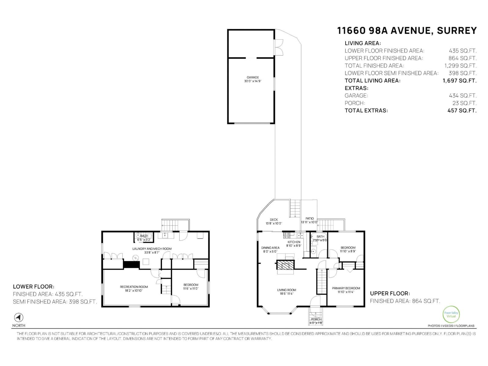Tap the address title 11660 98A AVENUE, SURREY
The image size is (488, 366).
[407, 31]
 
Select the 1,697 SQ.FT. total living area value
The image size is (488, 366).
[459, 81]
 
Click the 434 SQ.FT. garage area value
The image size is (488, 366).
[462, 95]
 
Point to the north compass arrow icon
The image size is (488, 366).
[19, 318]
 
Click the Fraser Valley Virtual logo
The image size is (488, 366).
[451, 314]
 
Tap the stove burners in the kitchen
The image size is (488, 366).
[287, 235]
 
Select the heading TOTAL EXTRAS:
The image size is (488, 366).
[366, 110]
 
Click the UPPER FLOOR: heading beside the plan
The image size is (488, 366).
[390, 293]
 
